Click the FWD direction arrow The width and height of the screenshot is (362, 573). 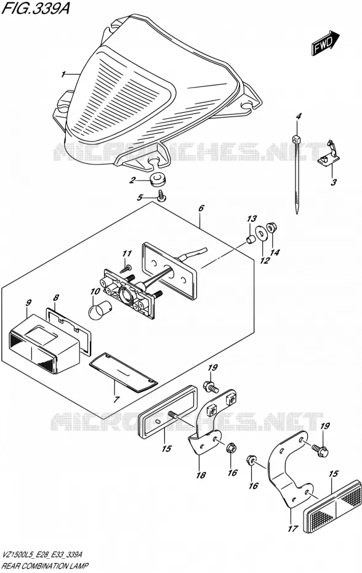point(326,43)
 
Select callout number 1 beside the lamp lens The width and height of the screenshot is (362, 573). point(63,75)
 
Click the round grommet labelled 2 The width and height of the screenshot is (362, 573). point(157,179)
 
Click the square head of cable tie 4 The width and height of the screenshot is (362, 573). point(296,139)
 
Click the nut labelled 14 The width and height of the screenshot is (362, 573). point(271,228)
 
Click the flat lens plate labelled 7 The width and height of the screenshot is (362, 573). point(124,373)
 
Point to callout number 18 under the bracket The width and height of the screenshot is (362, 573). point(201,475)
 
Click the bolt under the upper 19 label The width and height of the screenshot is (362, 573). point(210,386)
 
